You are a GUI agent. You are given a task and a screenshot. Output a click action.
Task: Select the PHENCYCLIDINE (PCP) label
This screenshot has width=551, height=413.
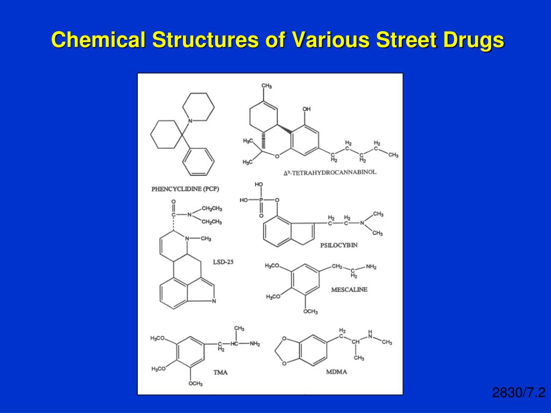coord(185,189)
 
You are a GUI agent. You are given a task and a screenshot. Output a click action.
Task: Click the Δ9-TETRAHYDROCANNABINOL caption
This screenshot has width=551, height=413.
coord(330,173)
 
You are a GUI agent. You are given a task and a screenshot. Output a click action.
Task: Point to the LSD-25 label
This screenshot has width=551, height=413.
coord(223,262)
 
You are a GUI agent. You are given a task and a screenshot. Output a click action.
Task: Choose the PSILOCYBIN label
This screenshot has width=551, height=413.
coord(339,245)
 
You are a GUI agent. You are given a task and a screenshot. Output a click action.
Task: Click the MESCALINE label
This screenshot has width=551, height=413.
coord(349,290)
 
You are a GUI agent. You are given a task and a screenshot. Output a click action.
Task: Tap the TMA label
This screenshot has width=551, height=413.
coord(221,372)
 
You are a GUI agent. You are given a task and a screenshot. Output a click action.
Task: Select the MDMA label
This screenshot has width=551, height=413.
coord(336,372)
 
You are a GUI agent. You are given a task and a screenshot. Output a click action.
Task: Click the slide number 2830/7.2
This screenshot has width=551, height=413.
coord(519,393)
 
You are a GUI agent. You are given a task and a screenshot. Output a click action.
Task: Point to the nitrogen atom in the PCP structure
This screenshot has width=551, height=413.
coord(190,121)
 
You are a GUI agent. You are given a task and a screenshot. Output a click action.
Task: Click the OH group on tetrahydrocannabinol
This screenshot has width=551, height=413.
coord(306,109)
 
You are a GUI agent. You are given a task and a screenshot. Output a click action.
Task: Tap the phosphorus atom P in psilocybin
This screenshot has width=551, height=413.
coord(261,200)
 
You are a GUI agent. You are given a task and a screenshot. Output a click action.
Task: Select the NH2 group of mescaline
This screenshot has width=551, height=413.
coord(371,267)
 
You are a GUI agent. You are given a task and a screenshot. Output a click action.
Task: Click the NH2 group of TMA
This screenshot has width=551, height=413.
coord(255,344)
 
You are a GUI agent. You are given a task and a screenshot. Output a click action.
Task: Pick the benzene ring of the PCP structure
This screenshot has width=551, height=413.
coord(198,161)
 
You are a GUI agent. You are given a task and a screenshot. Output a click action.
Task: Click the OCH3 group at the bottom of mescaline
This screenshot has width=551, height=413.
coord(310,311)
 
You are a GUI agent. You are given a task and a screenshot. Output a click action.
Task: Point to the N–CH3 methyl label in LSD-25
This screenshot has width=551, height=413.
coord(206,239)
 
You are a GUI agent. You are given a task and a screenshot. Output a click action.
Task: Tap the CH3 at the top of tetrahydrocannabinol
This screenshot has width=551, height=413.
coord(266,86)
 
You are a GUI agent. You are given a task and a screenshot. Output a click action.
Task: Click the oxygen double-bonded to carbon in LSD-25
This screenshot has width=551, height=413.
coord(173,202)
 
